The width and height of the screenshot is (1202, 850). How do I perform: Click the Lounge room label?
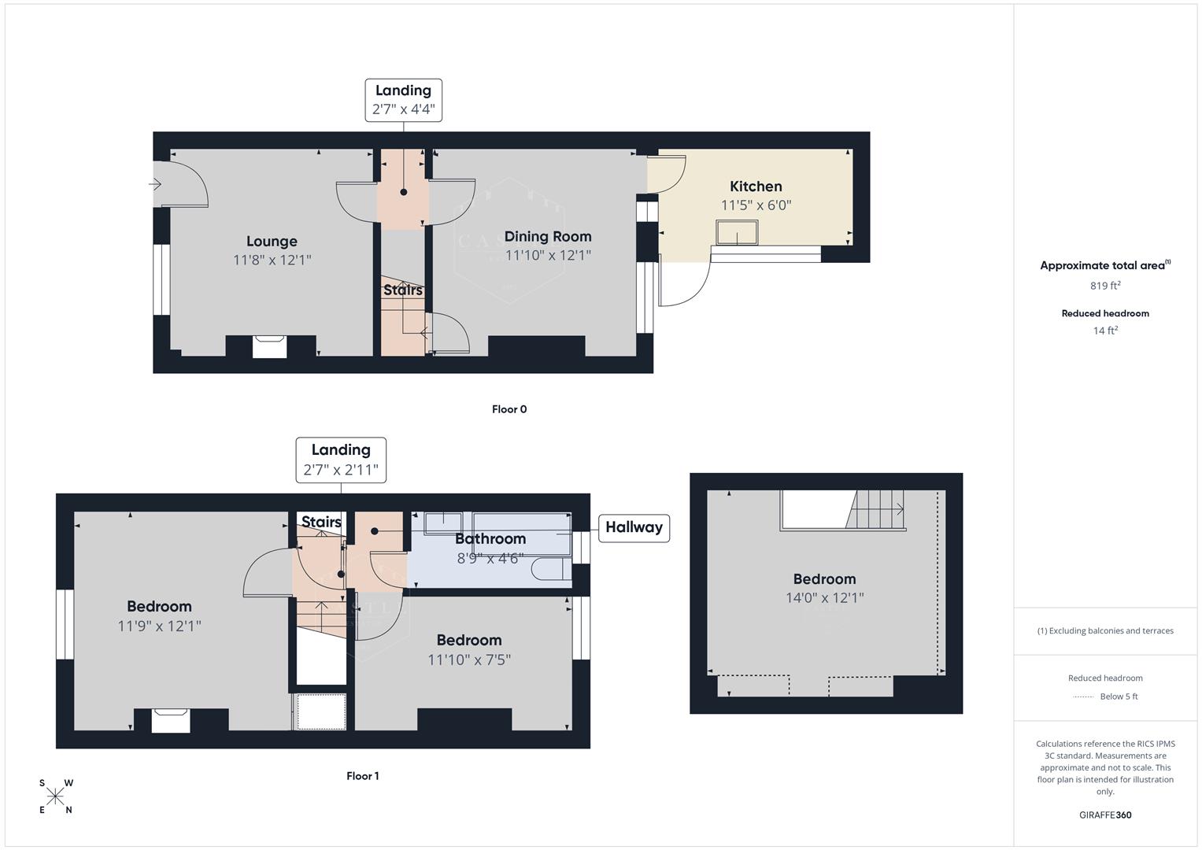point(272,242)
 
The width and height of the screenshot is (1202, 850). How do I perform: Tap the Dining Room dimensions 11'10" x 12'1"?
point(548,255)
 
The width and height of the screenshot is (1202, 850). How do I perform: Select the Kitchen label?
point(756,187)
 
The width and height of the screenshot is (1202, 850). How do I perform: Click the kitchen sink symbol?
point(737,233)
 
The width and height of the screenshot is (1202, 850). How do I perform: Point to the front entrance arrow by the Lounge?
point(155,184)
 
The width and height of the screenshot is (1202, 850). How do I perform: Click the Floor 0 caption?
point(509,409)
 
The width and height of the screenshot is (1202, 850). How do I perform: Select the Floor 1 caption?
point(362,776)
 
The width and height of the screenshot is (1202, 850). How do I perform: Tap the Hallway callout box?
point(634,527)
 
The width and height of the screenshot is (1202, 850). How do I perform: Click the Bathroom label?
point(490,539)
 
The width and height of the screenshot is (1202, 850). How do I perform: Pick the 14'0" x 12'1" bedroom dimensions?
point(824,598)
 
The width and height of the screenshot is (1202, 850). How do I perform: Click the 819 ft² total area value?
point(1105,286)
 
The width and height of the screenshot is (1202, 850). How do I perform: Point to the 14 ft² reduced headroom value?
point(1105,331)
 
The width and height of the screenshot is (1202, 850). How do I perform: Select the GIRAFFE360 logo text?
point(1105,815)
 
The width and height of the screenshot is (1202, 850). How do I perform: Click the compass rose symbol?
point(55,797)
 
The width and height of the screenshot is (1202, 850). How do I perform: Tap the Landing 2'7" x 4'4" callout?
point(403,100)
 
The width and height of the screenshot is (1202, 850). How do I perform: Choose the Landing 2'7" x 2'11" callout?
point(341,460)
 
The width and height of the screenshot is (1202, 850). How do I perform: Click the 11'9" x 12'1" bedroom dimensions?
point(160,626)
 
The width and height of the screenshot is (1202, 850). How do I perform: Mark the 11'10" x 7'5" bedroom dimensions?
point(469,660)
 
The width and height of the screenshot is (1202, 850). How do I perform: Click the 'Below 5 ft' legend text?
point(1119,697)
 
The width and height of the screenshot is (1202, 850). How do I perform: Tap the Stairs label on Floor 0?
point(403,290)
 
